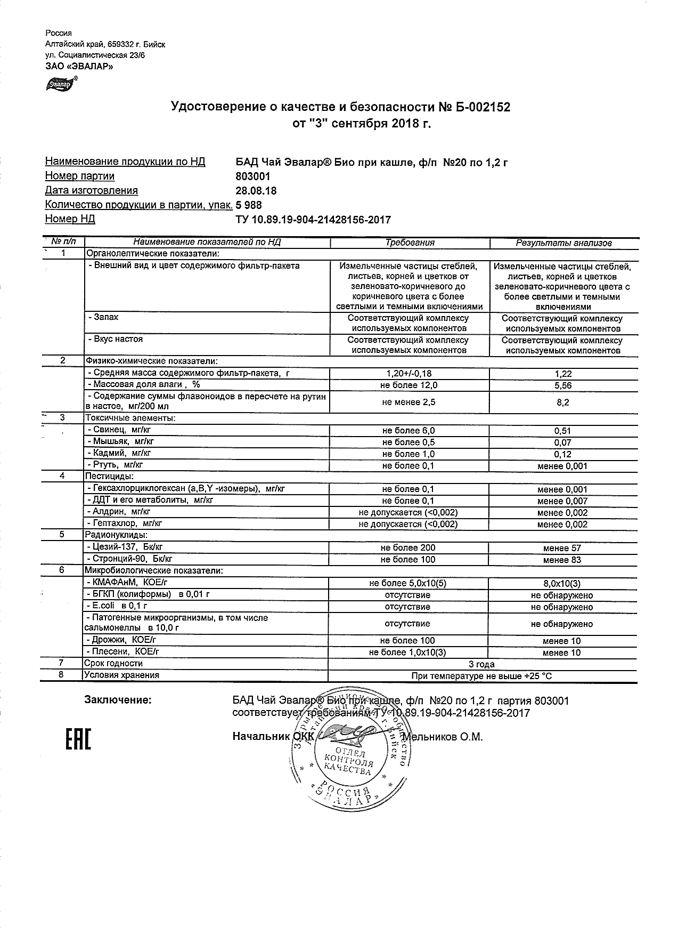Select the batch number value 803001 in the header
click(253, 176)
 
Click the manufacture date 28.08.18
click(256, 191)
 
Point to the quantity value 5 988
click(249, 205)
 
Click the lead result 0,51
click(562, 431)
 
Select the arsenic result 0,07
click(562, 442)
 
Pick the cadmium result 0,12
click(562, 454)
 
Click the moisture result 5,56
click(562, 385)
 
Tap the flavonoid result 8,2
click(562, 402)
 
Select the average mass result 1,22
click(562, 374)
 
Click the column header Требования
click(410, 243)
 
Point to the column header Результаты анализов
click(563, 243)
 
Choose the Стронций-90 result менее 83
click(562, 560)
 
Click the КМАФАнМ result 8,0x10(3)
click(562, 584)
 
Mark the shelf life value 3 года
click(481, 664)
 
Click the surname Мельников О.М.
click(443, 737)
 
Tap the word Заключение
click(118, 700)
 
